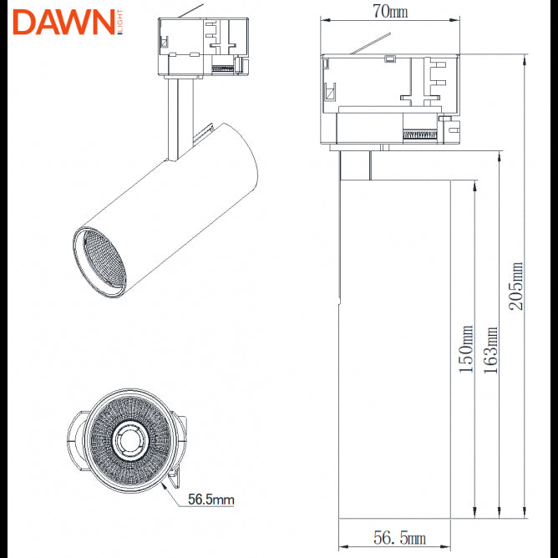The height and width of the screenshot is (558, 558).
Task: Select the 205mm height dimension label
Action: pos(517,285)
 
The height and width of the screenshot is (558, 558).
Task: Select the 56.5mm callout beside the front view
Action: pos(211,500)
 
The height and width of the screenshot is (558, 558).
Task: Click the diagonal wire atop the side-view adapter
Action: pos(371,43)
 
